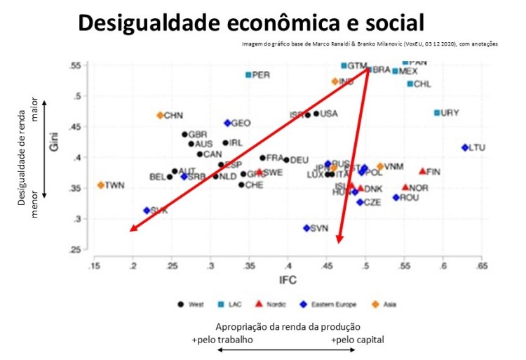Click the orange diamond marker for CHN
point(160,115)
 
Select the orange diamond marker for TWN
point(101,185)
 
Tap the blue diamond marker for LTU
point(465,147)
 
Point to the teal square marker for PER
point(248,75)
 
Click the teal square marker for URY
point(437,112)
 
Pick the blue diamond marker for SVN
point(306,228)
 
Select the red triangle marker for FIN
point(422,171)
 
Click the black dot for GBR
point(185,134)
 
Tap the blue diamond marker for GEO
point(227,123)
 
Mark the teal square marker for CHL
point(410,84)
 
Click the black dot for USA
point(316,114)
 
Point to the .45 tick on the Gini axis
point(78,127)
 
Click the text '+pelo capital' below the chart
point(358,339)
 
